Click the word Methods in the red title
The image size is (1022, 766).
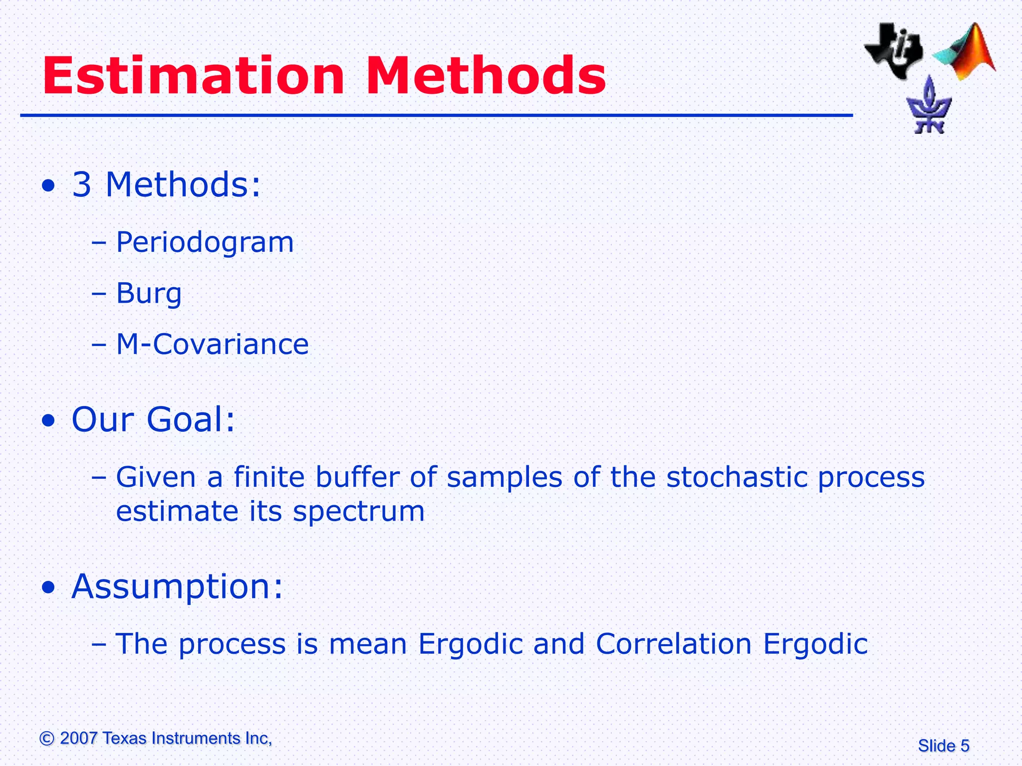pyautogui.click(x=486, y=76)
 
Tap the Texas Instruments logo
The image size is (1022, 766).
pyautogui.click(x=893, y=50)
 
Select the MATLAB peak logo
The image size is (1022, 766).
pyautogui.click(x=966, y=52)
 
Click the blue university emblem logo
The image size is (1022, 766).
pyautogui.click(x=929, y=106)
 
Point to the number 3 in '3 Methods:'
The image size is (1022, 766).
pyautogui.click(x=82, y=185)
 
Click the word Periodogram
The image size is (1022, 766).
pyautogui.click(x=205, y=243)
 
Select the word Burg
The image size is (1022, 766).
pyautogui.click(x=149, y=293)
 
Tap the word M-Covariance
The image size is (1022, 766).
pyautogui.click(x=212, y=344)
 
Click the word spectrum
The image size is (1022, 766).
pyautogui.click(x=358, y=512)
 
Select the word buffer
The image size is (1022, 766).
pyautogui.click(x=357, y=477)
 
